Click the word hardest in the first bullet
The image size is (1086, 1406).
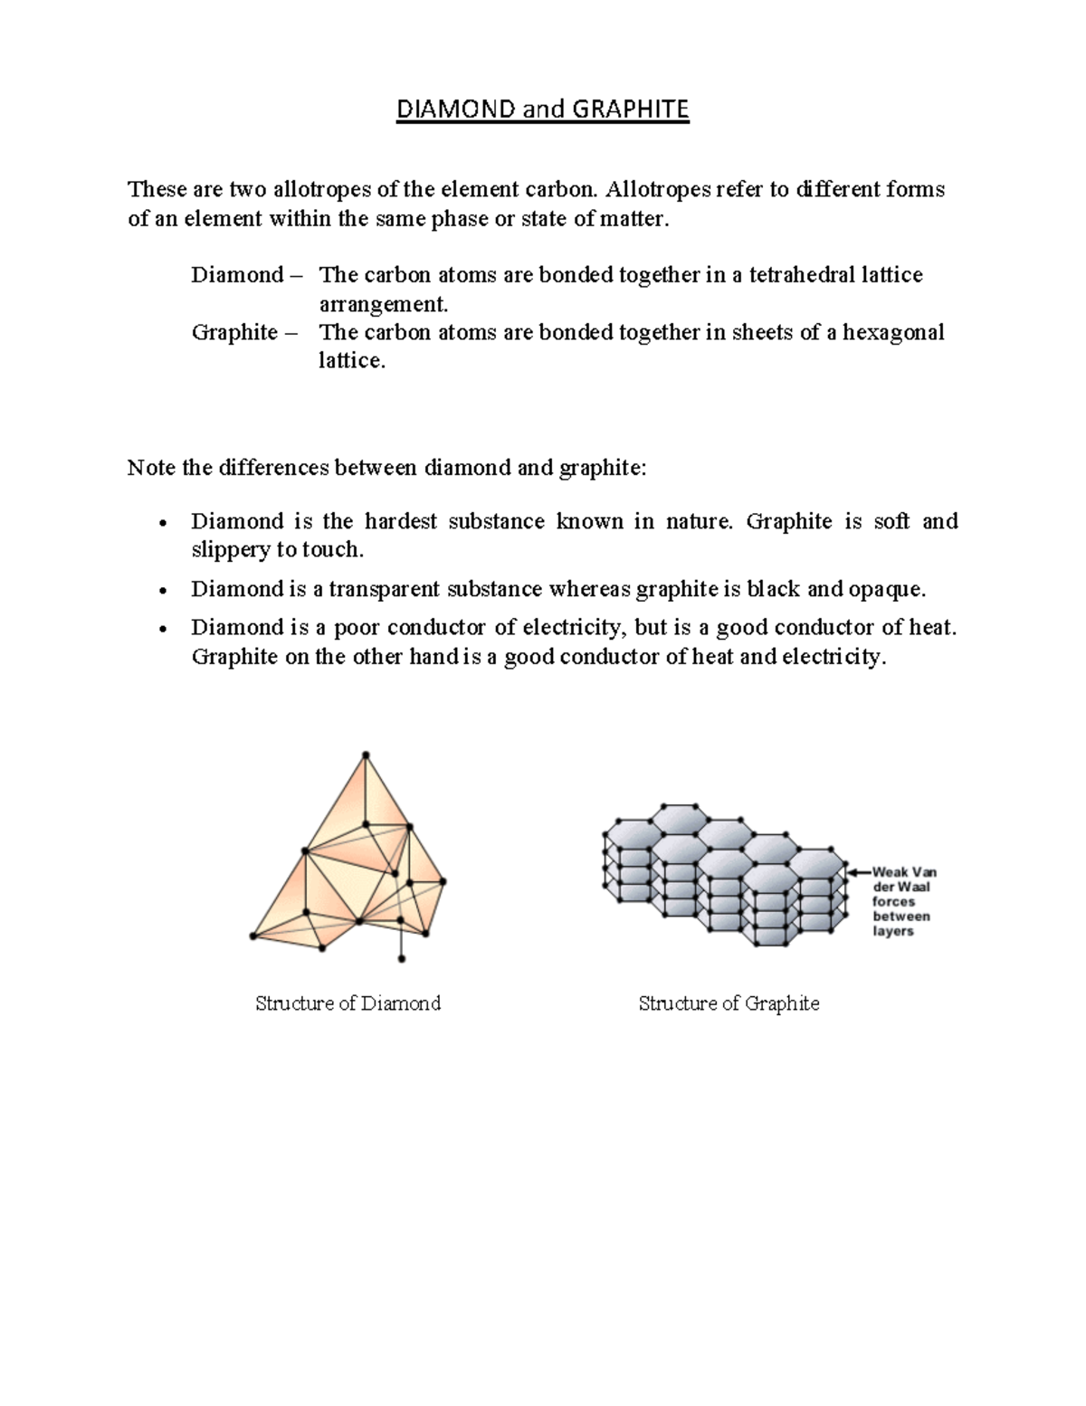tap(401, 521)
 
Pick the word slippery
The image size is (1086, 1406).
tap(231, 550)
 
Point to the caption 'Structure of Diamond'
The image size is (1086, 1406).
tap(348, 1003)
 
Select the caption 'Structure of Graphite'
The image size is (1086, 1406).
tap(729, 1003)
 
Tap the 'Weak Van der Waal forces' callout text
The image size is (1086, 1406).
tap(902, 901)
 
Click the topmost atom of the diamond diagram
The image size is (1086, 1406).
tap(366, 755)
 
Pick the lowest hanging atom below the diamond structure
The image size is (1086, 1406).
tap(402, 958)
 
